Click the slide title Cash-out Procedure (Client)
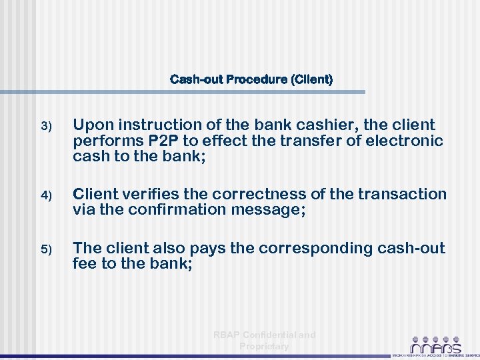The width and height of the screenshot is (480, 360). click(x=251, y=80)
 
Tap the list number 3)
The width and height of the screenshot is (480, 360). click(x=45, y=126)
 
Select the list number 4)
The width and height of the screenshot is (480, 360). click(x=45, y=196)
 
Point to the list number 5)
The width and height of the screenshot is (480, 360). click(x=45, y=249)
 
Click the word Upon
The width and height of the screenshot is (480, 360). click(x=91, y=125)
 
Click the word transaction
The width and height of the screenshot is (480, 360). click(x=402, y=194)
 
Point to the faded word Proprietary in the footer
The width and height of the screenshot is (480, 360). click(x=264, y=347)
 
